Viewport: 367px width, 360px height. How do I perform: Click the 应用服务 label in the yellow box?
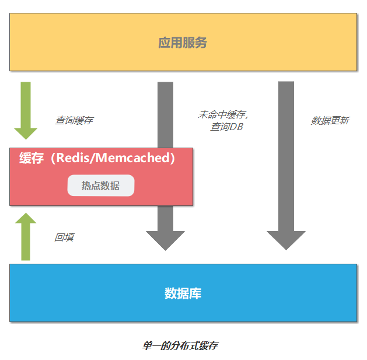183,43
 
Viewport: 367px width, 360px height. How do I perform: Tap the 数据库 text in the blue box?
183,293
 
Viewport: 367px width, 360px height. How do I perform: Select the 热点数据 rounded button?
100,186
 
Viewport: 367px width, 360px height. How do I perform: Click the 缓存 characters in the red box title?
31,158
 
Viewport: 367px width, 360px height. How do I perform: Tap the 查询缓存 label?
74,120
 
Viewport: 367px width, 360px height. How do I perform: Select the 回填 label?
64,237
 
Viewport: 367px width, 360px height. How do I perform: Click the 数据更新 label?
330,120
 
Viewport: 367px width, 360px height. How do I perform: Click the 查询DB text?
226,127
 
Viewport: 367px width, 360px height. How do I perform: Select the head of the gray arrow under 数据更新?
286,240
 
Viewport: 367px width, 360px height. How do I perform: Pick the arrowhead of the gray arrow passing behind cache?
166,240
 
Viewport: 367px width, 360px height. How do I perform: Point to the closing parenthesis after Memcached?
173,158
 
